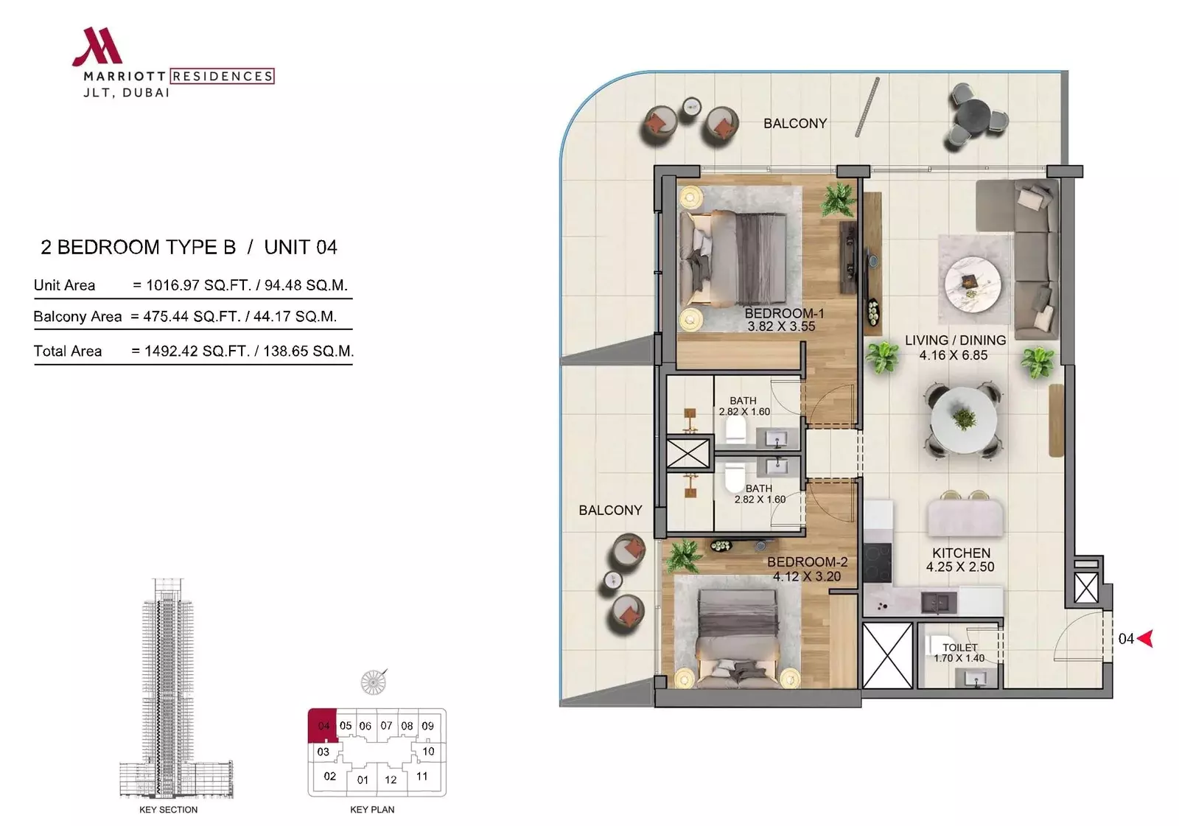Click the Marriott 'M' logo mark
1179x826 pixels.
(98, 46)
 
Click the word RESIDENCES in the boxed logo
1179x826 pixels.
(222, 77)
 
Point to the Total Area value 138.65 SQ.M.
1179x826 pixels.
(308, 351)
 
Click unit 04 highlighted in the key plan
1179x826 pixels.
(323, 726)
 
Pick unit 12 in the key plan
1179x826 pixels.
(391, 780)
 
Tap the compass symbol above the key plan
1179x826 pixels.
(374, 682)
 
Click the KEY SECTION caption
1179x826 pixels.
(169, 810)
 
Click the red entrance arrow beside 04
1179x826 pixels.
(1145, 638)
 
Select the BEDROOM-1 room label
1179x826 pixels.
(784, 313)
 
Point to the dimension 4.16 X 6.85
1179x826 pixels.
(954, 355)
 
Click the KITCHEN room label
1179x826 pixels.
(961, 553)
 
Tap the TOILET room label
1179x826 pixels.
(960, 648)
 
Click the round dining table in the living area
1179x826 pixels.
(963, 421)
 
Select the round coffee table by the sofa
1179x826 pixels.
(973, 285)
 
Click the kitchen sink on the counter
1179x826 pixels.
(939, 603)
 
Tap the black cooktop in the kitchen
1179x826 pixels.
(878, 563)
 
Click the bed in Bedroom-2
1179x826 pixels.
(737, 638)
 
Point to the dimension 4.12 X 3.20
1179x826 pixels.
(807, 576)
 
